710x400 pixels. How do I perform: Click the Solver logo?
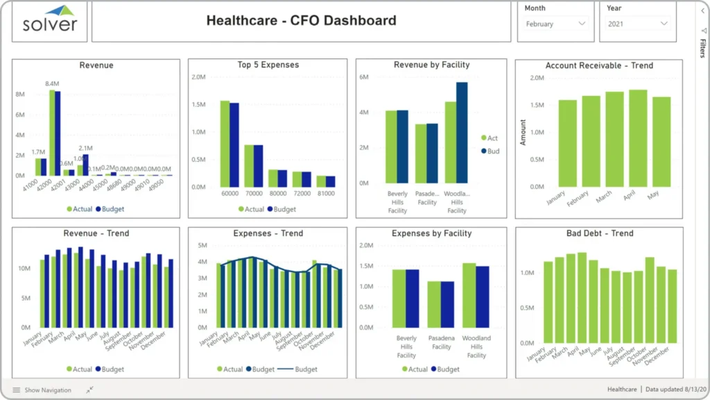pos(50,21)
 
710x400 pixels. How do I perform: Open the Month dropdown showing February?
pos(555,24)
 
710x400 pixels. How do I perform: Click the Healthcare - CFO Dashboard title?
pos(301,21)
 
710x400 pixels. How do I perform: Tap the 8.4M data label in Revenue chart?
pos(51,84)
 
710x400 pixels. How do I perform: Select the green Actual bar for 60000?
pos(225,144)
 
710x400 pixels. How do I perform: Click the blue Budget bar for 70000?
pos(259,166)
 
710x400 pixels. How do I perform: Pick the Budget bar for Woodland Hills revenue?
pos(462,133)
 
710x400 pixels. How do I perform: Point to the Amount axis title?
pos(523,132)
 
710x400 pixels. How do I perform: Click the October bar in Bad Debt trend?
pos(650,300)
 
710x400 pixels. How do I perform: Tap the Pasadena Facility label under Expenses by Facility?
pos(441,342)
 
